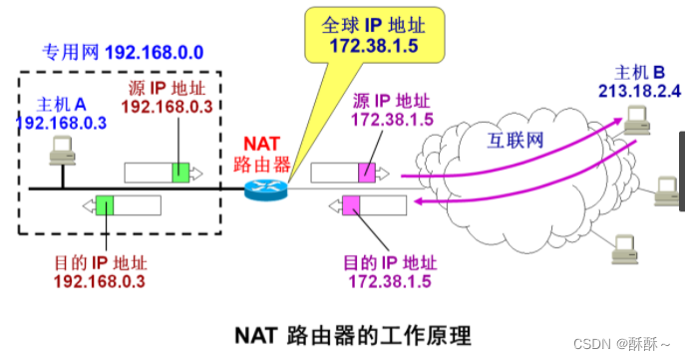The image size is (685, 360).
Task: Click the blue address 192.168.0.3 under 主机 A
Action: point(59,121)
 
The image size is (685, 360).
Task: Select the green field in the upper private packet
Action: point(179,172)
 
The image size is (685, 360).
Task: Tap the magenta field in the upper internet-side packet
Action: point(368,172)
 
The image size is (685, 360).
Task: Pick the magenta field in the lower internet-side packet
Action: point(351,206)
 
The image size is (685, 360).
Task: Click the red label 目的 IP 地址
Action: point(99,264)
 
